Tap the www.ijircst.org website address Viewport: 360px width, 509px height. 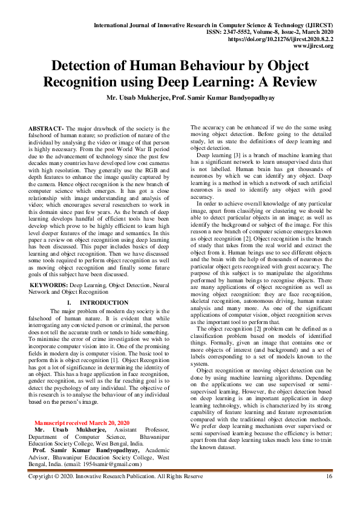point(315,45)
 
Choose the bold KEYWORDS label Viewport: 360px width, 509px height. point(48,283)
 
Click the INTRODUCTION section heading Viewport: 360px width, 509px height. point(104,302)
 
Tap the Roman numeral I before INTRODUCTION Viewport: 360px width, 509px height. point(71,302)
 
